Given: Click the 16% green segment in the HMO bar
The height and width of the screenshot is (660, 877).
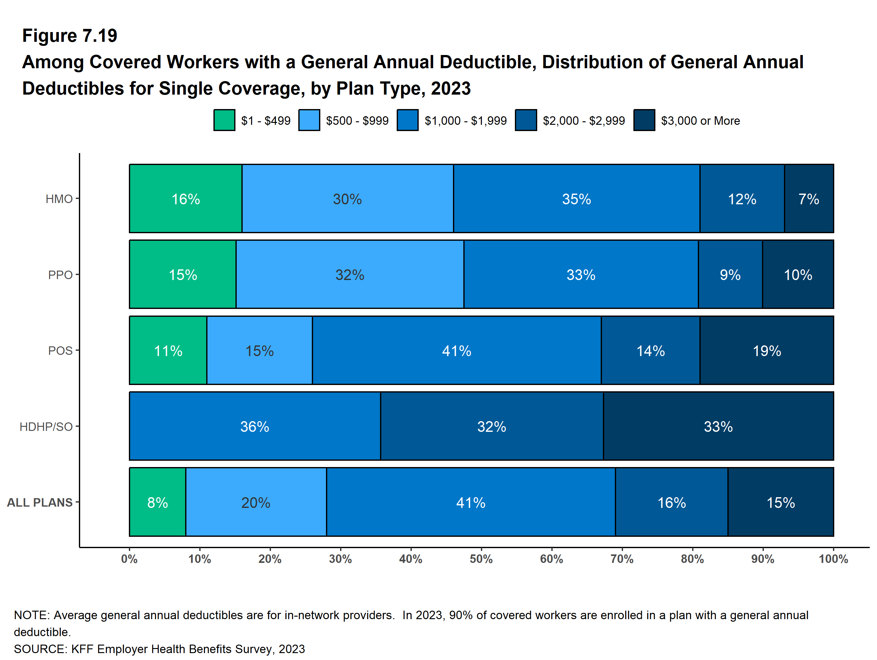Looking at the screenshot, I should coord(185,199).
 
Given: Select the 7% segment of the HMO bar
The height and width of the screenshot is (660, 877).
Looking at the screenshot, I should coord(809,199).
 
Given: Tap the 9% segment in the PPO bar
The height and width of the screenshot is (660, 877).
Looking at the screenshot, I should coord(730,274).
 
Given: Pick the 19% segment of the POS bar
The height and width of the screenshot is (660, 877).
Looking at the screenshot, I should coord(766,350).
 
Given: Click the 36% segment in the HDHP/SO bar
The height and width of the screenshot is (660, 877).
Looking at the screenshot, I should coord(255,426).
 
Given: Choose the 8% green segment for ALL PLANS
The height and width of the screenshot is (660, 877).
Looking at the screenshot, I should coord(157,502).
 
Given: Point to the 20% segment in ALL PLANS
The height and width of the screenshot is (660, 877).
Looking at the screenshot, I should coord(256,502).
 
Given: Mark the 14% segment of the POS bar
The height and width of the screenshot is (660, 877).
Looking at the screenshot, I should coord(650,350).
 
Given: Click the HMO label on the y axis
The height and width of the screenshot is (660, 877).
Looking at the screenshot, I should coord(59,199).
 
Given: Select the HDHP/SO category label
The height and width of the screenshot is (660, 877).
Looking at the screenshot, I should coord(46,426).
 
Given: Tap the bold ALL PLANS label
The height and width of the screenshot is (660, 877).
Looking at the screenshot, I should coord(40,503).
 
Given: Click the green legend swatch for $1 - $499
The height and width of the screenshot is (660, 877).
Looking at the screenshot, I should coord(224,120).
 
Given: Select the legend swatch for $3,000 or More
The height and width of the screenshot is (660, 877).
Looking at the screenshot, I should coord(644,120).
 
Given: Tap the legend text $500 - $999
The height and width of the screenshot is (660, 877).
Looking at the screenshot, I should coord(357,120).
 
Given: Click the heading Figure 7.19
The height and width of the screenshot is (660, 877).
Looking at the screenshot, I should coord(70,36).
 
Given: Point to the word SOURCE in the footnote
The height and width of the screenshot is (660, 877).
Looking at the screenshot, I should coord(40,649).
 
